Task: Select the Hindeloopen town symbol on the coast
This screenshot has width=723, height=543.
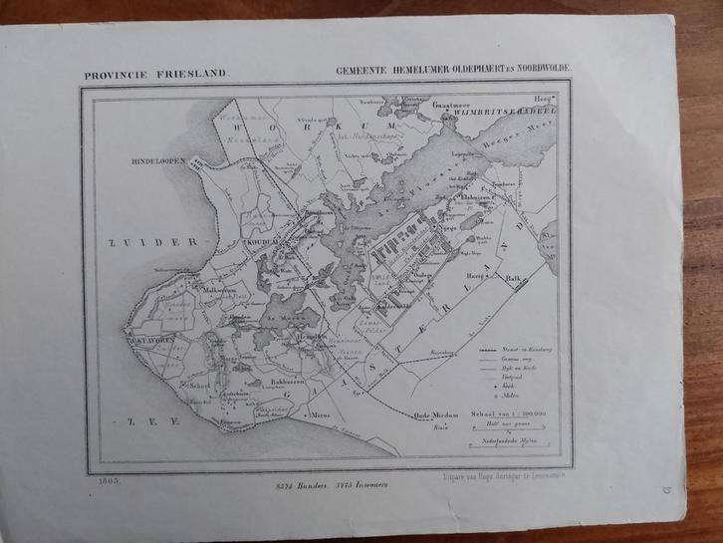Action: click(x=198, y=166)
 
